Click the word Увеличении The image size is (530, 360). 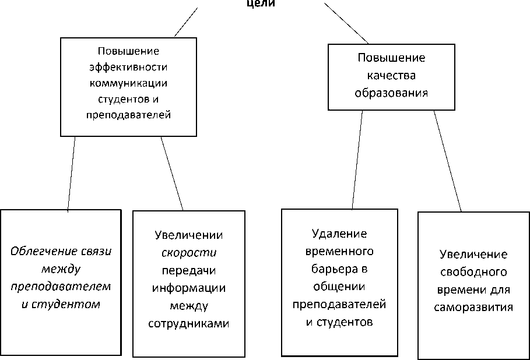coord(189,235)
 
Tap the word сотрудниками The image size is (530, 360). coord(189,323)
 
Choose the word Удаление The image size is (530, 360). coord(339,234)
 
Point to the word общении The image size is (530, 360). coord(339,287)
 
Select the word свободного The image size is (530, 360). coord(473,272)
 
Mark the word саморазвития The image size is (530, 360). coord(473,307)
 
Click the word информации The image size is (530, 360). coord(189,288)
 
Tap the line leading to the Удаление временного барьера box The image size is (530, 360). coord(357,160)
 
